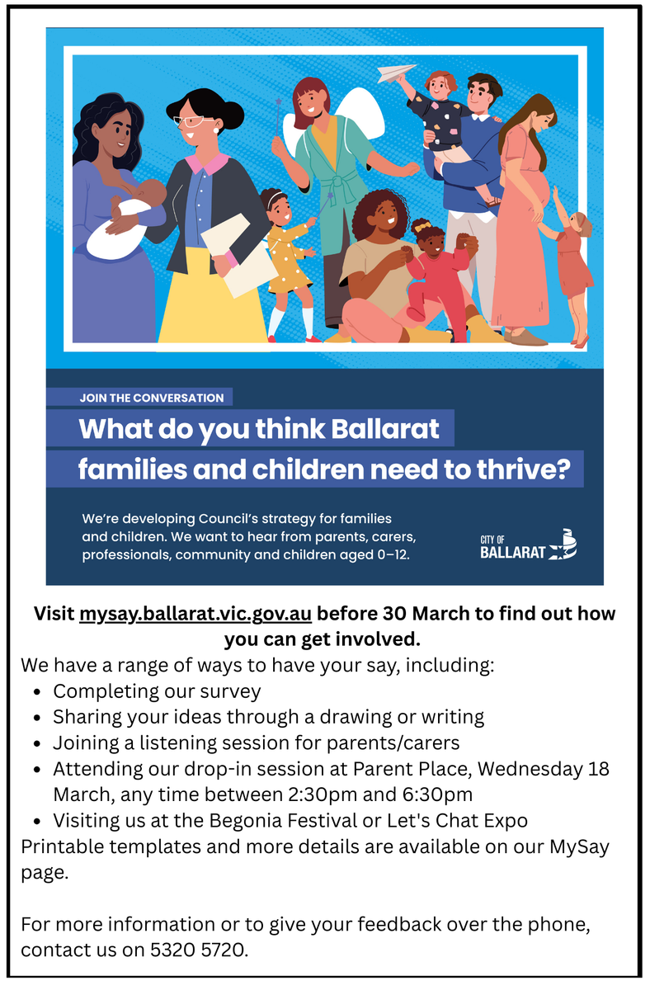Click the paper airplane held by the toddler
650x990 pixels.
[397, 73]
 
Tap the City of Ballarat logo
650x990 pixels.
[529, 544]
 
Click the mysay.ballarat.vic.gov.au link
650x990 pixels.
[195, 614]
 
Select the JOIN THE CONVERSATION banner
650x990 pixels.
[139, 398]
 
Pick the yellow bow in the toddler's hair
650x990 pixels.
[422, 227]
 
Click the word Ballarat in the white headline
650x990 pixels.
[385, 429]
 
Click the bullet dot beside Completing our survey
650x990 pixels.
[38, 692]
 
